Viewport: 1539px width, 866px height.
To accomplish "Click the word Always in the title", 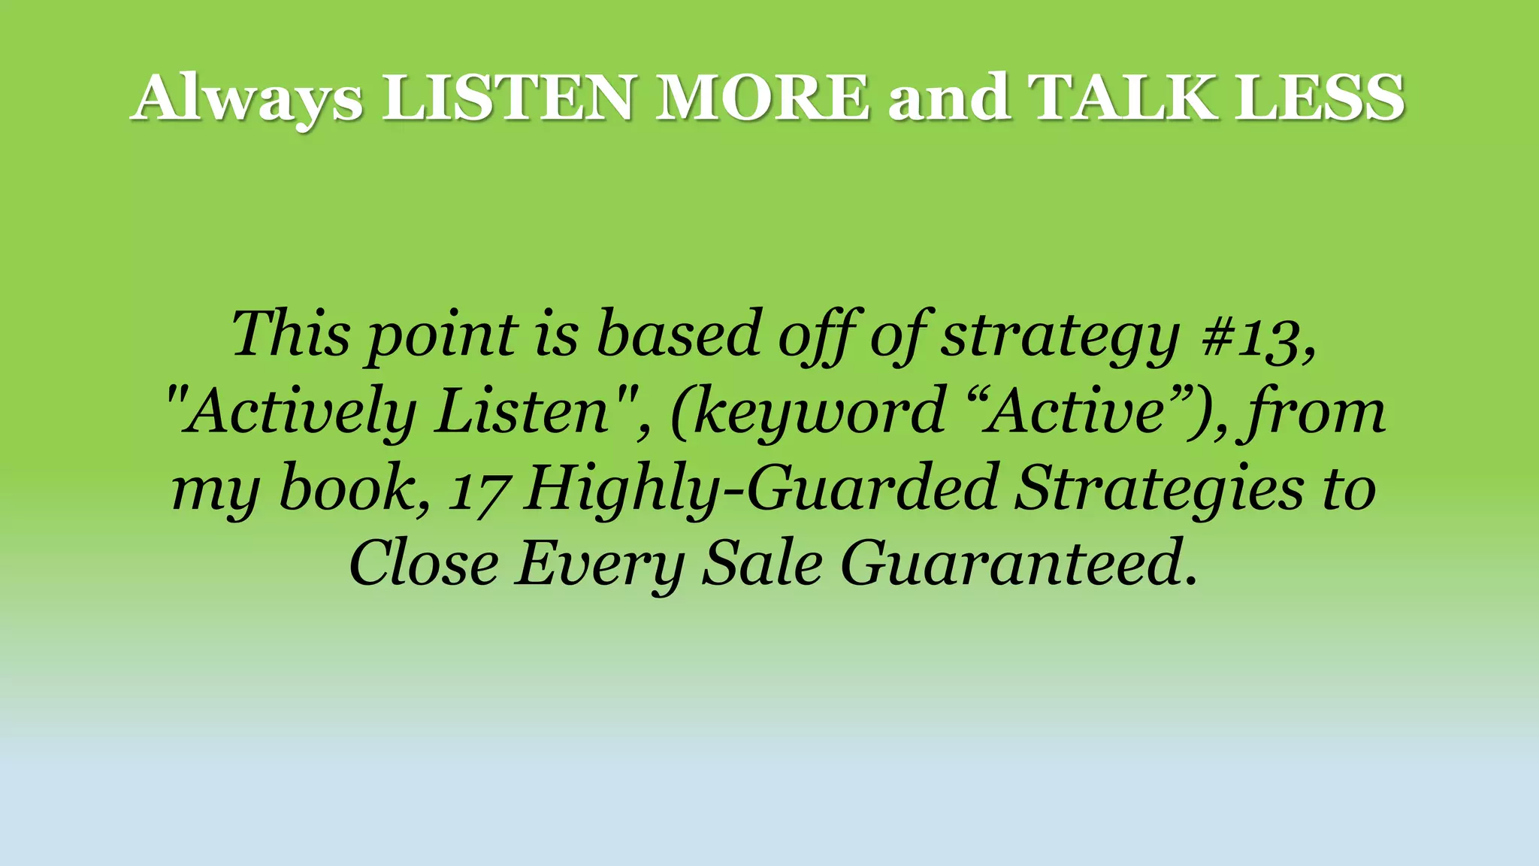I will [x=247, y=98].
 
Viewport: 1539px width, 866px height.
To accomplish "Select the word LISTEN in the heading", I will [x=508, y=98].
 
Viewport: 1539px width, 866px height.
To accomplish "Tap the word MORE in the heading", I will [x=763, y=98].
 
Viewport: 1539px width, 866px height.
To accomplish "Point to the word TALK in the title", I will [x=1123, y=98].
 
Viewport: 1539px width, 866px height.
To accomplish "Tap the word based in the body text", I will [x=679, y=335].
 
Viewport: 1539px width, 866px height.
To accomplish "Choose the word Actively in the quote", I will [x=301, y=413].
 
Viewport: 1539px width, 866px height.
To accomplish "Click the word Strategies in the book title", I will [x=1158, y=489].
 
